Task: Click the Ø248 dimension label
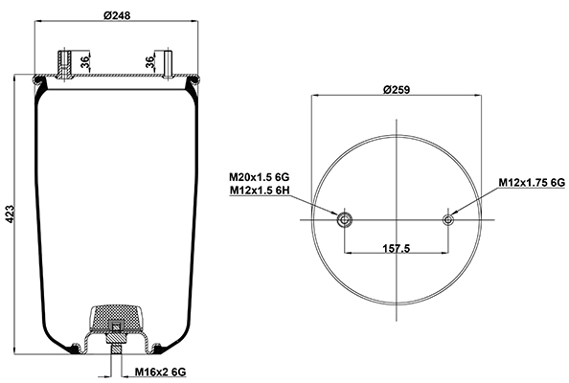(x=117, y=15)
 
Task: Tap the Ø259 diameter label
(x=397, y=89)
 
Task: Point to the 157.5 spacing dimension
(x=397, y=248)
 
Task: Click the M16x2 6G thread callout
(x=160, y=372)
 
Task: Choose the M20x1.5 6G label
(x=259, y=177)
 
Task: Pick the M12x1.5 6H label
(x=259, y=190)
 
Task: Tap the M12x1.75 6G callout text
(x=532, y=182)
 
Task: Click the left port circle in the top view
(x=344, y=219)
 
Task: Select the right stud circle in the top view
(x=448, y=219)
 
